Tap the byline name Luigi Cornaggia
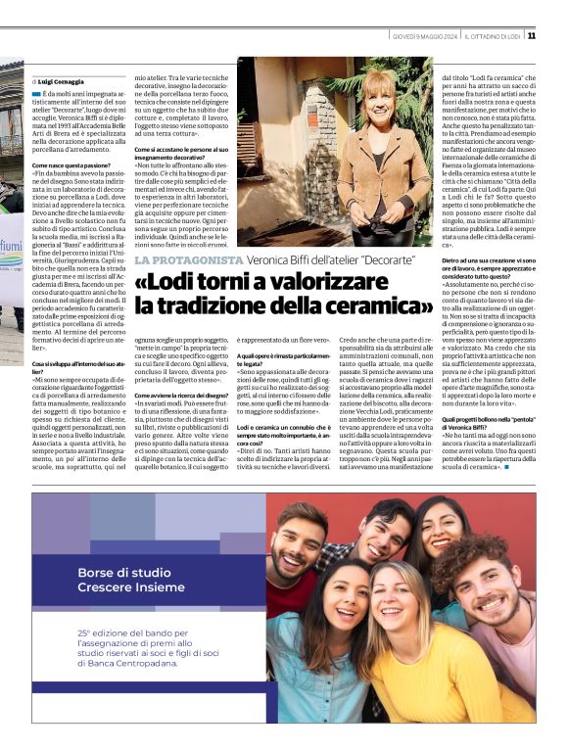point(62,80)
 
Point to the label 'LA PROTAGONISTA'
point(189,259)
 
